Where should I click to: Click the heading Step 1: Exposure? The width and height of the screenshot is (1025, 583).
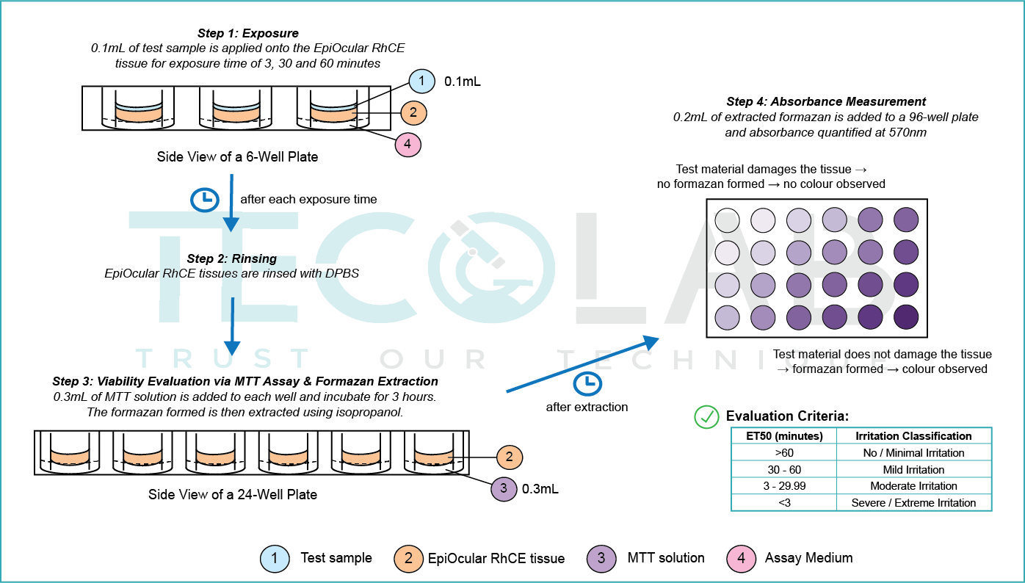coord(247,34)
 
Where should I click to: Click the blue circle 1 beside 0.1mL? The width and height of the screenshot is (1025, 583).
coord(421,82)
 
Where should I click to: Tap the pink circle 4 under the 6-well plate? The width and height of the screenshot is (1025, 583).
coord(408,145)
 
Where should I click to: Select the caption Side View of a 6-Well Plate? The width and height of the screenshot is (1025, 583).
coord(237,156)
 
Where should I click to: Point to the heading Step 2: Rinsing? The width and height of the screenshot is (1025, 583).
coord(231,258)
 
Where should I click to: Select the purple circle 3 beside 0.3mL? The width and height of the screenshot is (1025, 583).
coord(503,488)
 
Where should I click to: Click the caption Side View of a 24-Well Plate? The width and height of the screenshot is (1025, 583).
coord(233,494)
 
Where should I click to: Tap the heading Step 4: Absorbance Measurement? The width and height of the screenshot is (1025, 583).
coord(826,102)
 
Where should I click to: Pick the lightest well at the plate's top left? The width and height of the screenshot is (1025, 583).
coord(727,220)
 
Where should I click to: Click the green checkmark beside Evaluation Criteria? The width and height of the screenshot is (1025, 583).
coord(706,416)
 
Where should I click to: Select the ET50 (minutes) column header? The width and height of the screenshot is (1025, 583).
coord(783,436)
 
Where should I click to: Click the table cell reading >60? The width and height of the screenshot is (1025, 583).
coord(783,453)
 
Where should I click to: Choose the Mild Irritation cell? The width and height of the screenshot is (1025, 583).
coord(913,470)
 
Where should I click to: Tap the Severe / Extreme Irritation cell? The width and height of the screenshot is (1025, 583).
coord(913,503)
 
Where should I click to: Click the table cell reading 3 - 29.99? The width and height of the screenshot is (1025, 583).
coord(783,486)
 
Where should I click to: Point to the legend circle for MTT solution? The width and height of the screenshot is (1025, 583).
coord(602,558)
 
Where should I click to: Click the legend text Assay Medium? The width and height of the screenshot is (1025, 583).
coord(808,558)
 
